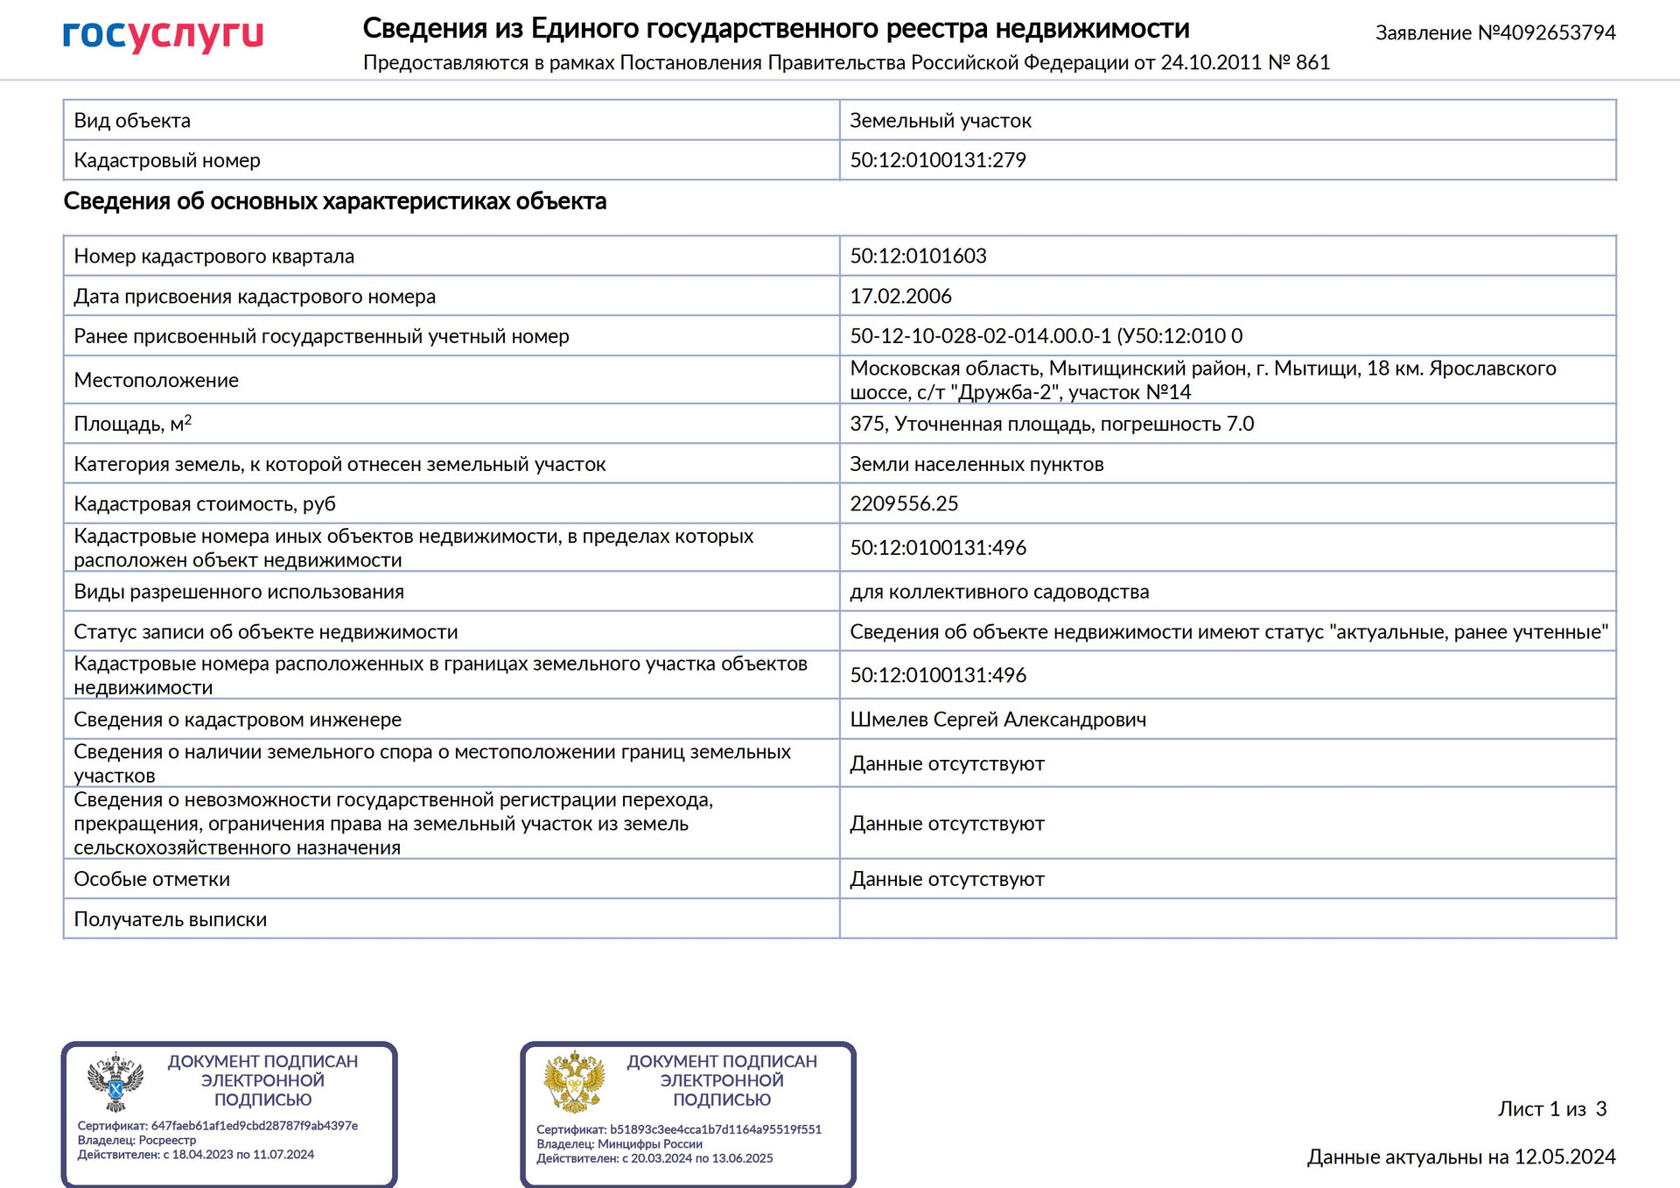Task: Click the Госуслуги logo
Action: [163, 35]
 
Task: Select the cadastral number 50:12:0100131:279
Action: [937, 160]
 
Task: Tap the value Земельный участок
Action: [940, 121]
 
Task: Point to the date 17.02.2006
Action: [900, 296]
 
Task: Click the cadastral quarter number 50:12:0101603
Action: [918, 256]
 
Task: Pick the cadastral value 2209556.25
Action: [904, 503]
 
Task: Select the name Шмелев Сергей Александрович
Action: [997, 720]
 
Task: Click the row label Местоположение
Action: [156, 380]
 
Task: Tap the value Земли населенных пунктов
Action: [976, 464]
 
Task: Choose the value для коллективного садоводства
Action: [999, 592]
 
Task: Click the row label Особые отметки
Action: [151, 879]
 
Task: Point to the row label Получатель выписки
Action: [170, 919]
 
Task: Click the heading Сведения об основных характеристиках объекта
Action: [335, 201]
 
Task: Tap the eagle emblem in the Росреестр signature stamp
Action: [115, 1082]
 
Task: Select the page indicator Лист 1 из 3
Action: [1552, 1109]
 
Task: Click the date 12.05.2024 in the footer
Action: [1564, 1157]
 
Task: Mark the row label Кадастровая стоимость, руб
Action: [204, 503]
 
